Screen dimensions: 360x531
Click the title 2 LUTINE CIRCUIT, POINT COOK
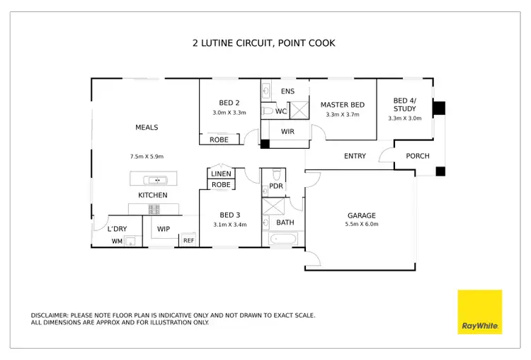click(264, 43)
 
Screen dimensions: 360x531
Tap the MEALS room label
click(147, 128)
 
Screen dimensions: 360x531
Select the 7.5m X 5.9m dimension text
click(147, 156)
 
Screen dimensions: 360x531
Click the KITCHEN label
click(152, 195)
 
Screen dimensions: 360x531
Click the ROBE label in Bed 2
click(219, 140)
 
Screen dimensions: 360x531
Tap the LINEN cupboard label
click(221, 174)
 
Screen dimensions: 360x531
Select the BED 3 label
click(230, 215)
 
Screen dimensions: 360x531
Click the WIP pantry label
click(164, 229)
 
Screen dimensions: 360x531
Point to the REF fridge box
click(188, 240)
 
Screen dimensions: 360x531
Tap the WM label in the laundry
click(117, 241)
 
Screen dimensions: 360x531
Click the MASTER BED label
click(342, 105)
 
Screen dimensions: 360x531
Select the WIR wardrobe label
click(287, 132)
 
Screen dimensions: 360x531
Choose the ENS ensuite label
click(287, 91)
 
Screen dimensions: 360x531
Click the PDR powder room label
click(276, 186)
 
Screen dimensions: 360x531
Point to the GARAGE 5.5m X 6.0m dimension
click(361, 224)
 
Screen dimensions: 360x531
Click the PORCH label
click(417, 156)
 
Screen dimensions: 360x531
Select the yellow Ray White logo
click(479, 312)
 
